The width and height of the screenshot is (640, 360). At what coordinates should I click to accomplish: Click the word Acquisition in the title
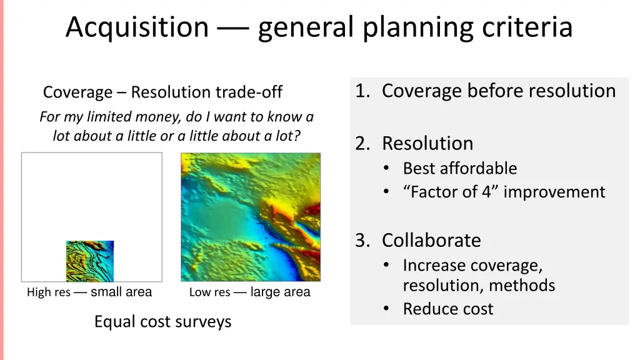[137, 27]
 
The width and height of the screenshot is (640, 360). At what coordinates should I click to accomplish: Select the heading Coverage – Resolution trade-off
[162, 92]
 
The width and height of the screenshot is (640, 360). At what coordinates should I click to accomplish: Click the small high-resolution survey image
[90, 261]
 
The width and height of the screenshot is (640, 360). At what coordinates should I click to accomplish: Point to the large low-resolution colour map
[250, 217]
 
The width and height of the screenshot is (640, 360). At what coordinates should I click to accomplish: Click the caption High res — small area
[89, 292]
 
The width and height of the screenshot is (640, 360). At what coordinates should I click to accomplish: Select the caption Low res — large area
[249, 292]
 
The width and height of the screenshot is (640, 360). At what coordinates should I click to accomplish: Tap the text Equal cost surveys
[162, 321]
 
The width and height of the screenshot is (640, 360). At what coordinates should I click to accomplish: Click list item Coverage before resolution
[498, 91]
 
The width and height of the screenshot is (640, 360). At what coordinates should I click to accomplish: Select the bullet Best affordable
[459, 168]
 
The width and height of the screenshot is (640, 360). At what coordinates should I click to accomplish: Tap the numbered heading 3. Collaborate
[418, 240]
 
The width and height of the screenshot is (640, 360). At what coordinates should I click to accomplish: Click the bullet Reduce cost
[447, 309]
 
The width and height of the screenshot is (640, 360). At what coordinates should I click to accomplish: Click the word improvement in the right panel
[554, 192]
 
